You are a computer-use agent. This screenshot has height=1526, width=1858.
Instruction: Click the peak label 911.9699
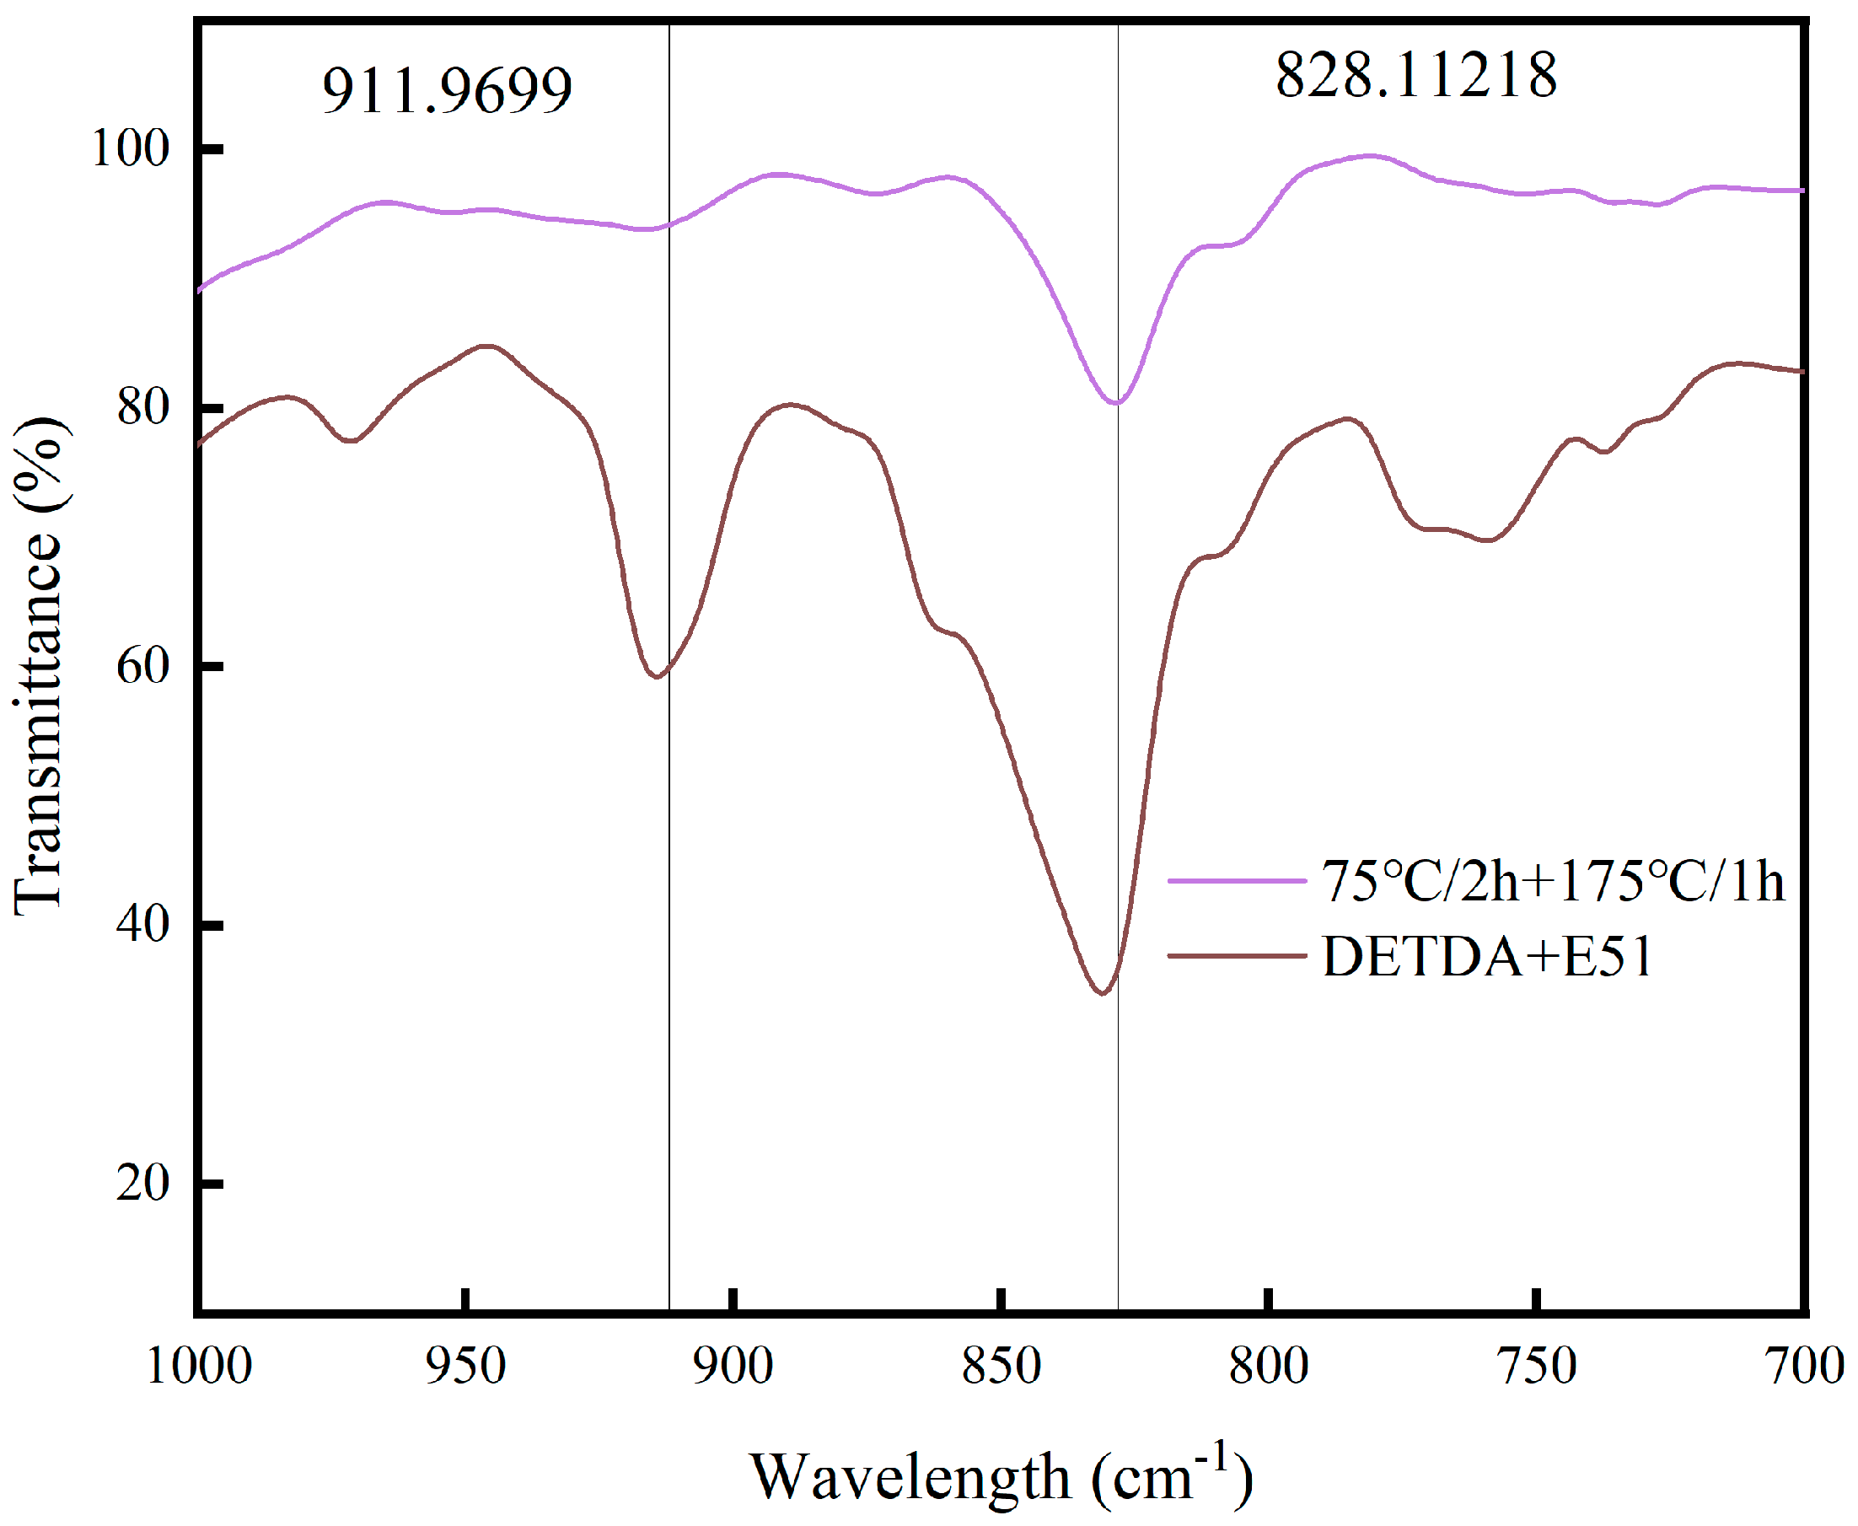pos(447,90)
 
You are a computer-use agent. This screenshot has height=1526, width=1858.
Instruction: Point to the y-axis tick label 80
pos(142,406)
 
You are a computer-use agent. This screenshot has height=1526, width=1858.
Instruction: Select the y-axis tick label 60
pos(142,665)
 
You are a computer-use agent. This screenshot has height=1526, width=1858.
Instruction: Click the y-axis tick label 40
pos(142,924)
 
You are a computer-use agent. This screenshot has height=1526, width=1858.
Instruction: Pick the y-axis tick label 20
pos(142,1183)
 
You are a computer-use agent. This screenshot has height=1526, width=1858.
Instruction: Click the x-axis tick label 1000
pos(199,1367)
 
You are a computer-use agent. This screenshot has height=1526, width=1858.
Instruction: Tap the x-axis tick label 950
pos(466,1367)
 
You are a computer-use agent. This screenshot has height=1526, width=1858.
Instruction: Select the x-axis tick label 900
pos(733,1367)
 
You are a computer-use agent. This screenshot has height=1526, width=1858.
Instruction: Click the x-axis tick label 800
pos(1268,1367)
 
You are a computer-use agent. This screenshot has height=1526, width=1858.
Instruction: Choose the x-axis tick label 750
pos(1536,1367)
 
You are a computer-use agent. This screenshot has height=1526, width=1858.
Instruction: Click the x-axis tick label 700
pos(1804,1367)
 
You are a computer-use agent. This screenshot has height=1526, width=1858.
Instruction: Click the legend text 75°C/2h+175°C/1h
pos(1553,881)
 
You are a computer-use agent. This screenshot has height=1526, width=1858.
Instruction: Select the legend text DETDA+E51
pos(1487,956)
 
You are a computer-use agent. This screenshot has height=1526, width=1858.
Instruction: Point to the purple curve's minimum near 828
pos(1116,404)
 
